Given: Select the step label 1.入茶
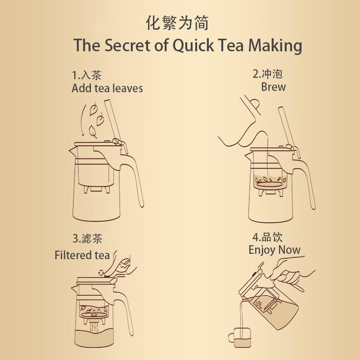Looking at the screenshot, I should point(90,75).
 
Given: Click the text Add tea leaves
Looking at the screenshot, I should point(107,88).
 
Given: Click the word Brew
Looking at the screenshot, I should point(273,87).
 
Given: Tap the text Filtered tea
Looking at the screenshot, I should point(82,255).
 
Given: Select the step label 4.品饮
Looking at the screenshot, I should point(267,237).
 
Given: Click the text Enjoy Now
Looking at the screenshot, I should point(274,250).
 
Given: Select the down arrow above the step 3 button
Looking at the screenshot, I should point(101,271).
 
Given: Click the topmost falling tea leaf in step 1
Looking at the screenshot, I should point(94,109).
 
